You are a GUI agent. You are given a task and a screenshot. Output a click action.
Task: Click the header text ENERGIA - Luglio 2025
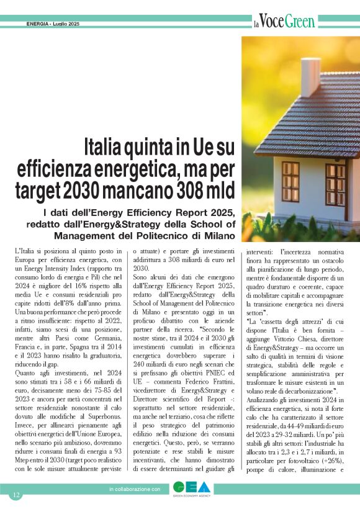53,24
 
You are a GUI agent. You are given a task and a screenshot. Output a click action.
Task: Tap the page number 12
17,495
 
